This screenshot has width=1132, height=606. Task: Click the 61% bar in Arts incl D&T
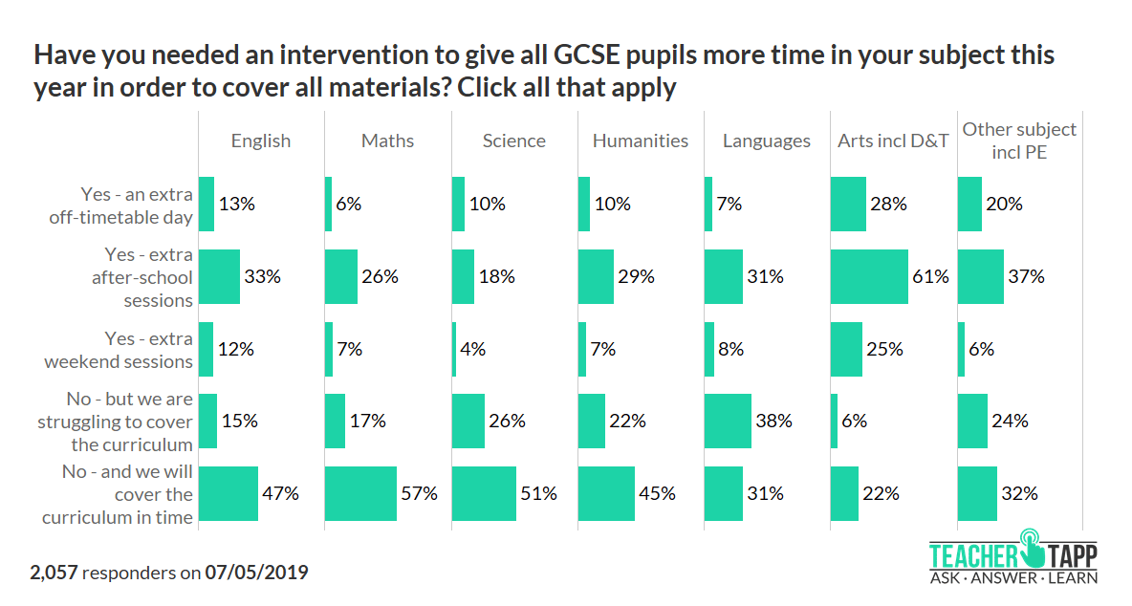pos(869,277)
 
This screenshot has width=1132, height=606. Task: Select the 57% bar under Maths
pos(360,494)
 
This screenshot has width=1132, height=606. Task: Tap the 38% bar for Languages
pos(728,422)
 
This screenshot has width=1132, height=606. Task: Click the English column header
pos(260,141)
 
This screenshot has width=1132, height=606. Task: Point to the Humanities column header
pos(641,141)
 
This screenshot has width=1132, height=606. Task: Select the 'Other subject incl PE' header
pos(1019,140)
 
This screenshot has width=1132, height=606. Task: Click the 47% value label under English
pos(281,494)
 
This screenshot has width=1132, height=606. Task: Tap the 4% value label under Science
pos(473,349)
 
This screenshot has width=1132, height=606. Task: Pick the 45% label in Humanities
pos(658,494)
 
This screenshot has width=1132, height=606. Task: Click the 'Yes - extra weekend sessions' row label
pos(119,350)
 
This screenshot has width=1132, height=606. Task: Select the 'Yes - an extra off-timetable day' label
pos(120,206)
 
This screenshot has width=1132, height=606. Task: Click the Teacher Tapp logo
pos(1012,556)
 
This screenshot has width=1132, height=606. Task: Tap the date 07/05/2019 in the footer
pos(256,574)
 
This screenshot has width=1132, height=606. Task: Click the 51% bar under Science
pos(484,494)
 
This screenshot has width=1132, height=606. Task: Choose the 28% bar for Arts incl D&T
pos(848,205)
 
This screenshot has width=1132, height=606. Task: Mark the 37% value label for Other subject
pos(1027,277)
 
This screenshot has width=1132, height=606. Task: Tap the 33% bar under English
pos(219,277)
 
